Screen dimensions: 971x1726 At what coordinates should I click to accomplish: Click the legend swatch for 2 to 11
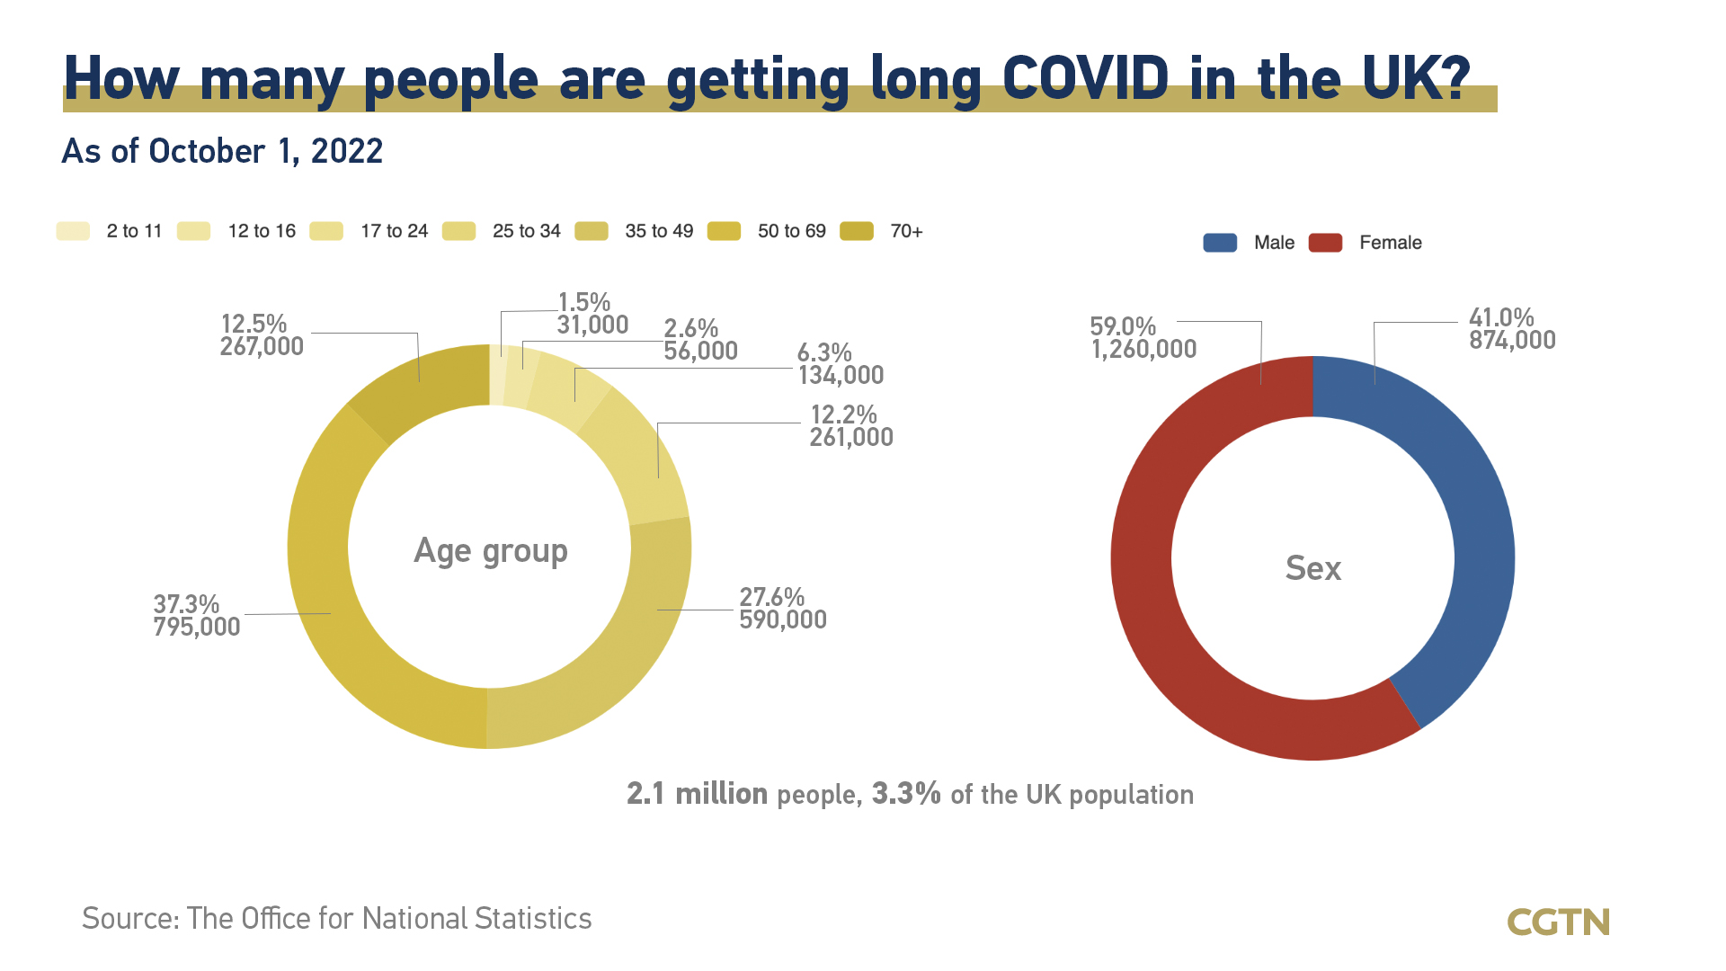tap(73, 231)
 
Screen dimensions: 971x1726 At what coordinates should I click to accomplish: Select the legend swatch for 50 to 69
tap(724, 231)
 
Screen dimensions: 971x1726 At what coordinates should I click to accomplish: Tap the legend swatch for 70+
tap(857, 231)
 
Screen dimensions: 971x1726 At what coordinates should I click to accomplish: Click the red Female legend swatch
tap(1325, 243)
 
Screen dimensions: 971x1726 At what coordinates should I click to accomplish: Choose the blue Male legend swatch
tap(1220, 243)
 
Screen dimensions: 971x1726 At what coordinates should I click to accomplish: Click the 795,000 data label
tap(197, 628)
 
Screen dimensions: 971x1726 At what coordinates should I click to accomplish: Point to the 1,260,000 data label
tap(1143, 350)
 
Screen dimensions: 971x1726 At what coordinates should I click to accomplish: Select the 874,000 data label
tap(1512, 341)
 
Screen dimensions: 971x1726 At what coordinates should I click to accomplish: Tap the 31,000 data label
tap(592, 325)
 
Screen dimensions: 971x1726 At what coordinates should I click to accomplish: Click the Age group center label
tap(490, 550)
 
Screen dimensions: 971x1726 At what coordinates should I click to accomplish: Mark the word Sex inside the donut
tap(1312, 568)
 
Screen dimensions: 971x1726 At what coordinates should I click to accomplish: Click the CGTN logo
tap(1558, 922)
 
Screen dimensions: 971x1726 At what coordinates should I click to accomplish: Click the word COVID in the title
tap(1085, 78)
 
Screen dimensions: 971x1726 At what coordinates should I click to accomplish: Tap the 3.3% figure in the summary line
tap(906, 794)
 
